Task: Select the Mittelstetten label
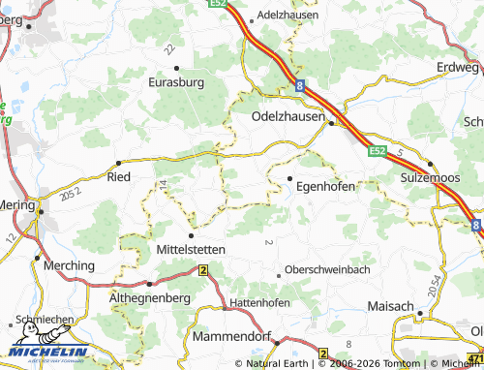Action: pyautogui.click(x=191, y=249)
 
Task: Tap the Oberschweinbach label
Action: pyautogui.click(x=327, y=270)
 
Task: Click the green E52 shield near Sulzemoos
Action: pyautogui.click(x=378, y=151)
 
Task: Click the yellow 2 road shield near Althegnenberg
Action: pyautogui.click(x=203, y=270)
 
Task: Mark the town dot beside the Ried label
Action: pyautogui.click(x=118, y=163)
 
